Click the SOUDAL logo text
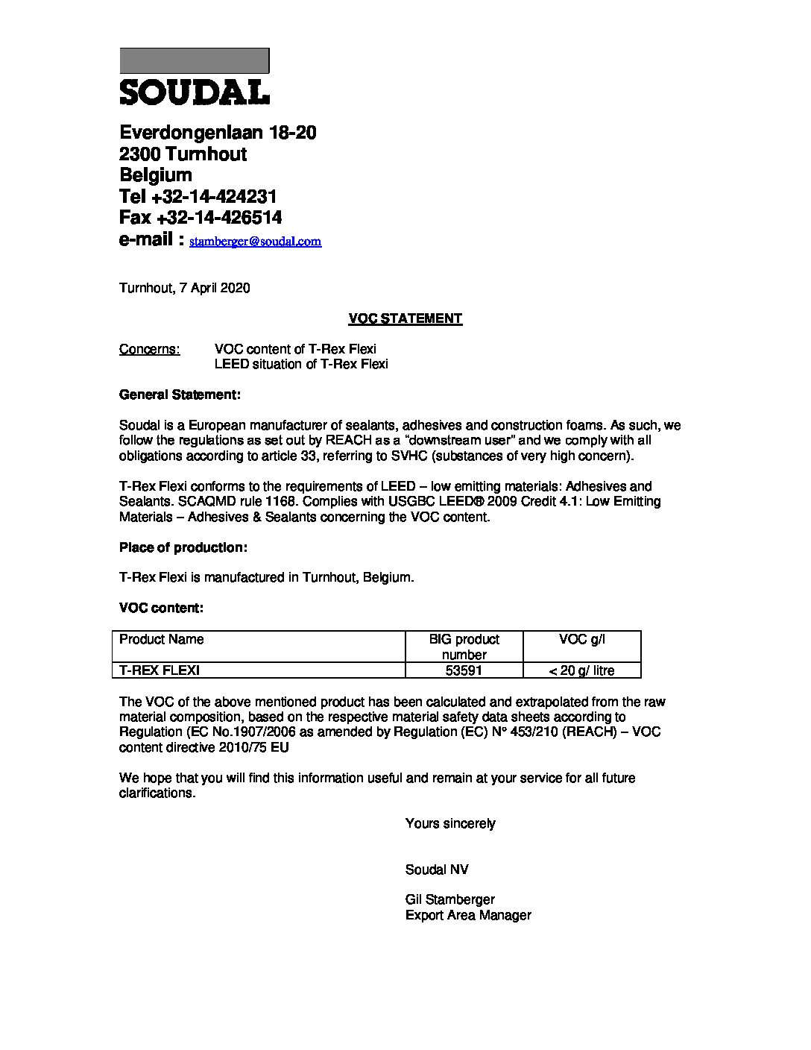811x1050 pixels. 195,92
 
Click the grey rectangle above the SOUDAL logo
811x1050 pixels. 195,60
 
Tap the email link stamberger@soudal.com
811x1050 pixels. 256,242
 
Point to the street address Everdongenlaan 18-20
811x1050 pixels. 218,133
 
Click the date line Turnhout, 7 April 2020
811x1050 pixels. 184,288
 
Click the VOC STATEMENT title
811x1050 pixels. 405,318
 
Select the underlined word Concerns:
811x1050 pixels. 149,349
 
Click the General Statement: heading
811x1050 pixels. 180,394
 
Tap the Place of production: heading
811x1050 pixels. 183,547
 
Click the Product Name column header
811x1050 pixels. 162,639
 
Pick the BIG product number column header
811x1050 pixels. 464,647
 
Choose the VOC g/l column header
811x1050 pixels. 582,639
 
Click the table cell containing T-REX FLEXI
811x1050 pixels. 160,670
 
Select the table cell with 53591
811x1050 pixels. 464,670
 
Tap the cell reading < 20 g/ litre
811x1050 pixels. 582,670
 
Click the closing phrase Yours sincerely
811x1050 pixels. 450,823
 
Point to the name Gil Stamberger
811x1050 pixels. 449,899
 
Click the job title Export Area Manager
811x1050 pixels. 468,915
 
